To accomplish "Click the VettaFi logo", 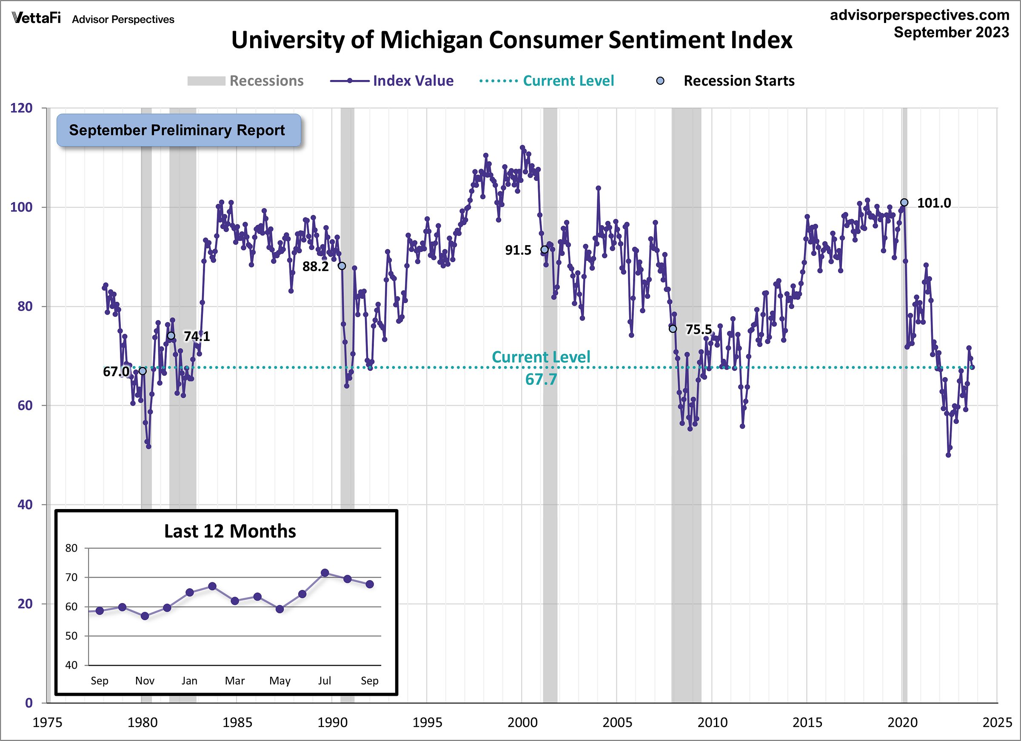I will point(36,18).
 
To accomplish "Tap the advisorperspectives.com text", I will point(919,15).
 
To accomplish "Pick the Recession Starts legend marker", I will point(660,81).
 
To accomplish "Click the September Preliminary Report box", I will point(178,130).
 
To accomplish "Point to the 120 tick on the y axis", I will point(21,108).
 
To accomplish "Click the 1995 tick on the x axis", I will point(427,722).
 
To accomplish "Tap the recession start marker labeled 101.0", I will point(904,202).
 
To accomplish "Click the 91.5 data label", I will point(518,250).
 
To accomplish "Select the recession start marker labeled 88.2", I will point(342,266).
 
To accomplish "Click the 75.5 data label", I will point(698,329).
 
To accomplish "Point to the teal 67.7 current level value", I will point(541,379).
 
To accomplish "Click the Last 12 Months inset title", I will point(230,531).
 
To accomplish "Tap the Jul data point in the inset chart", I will point(325,572).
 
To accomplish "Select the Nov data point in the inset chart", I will point(145,616).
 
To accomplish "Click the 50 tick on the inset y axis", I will point(71,635).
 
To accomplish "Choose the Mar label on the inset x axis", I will point(234,680).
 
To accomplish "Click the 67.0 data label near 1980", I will point(116,372).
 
